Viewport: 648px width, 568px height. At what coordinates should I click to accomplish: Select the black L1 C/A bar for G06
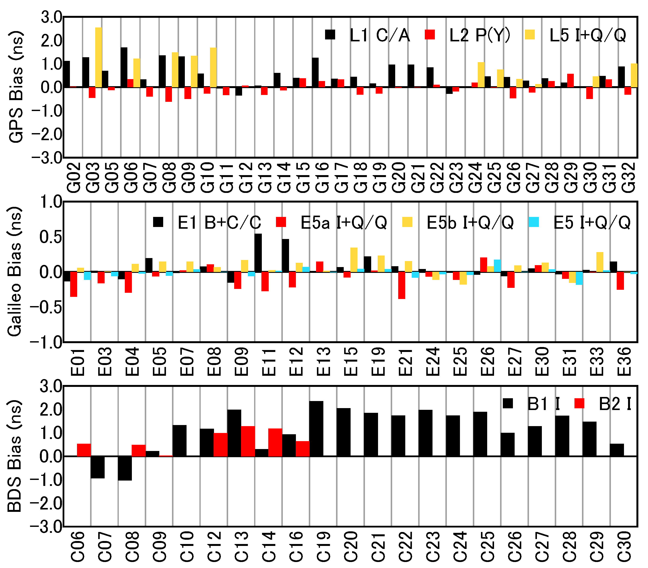point(124,67)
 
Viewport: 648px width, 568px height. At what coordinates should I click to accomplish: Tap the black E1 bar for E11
point(258,253)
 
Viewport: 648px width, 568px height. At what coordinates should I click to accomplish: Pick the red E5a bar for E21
point(402,285)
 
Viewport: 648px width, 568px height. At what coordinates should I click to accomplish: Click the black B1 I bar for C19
point(316,428)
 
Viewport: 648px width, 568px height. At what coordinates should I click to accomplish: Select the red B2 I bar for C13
point(248,441)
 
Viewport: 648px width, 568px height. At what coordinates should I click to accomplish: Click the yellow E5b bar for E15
point(354,260)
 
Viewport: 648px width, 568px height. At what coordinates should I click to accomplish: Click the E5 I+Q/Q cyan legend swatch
point(534,222)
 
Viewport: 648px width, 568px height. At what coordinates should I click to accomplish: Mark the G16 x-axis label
point(322,177)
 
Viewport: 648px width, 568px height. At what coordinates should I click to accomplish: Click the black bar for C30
point(617,450)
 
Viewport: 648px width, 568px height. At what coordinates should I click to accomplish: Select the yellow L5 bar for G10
point(213,67)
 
